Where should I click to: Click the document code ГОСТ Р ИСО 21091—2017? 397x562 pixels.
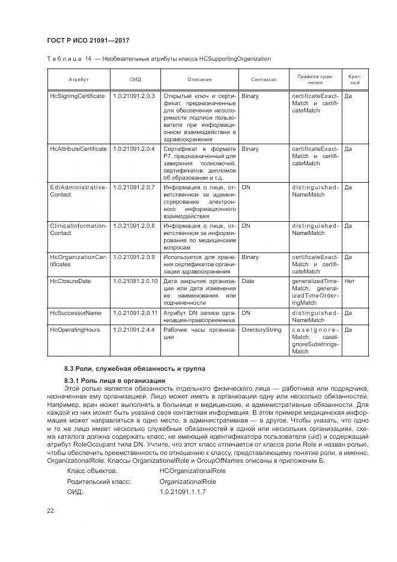coord(89,40)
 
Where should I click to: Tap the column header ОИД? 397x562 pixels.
coord(135,79)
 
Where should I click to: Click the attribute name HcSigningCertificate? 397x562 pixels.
coord(77,96)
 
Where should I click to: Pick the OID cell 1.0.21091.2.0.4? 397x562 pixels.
coord(134,148)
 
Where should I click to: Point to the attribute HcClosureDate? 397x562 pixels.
coord(71,281)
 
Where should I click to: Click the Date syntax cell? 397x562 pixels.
coord(247,281)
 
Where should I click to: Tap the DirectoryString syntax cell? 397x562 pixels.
coord(262,329)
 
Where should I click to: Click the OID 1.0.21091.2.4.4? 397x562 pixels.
coord(134,329)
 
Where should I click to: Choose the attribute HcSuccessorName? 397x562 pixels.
coord(76,313)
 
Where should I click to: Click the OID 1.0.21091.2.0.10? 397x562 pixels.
coord(135,281)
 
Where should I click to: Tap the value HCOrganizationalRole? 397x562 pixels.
coord(191,471)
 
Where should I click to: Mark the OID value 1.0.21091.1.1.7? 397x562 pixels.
coord(183,492)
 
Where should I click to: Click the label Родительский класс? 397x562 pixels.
coord(99,481)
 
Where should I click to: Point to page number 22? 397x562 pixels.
coord(51,511)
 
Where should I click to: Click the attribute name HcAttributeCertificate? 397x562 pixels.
coord(79,148)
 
